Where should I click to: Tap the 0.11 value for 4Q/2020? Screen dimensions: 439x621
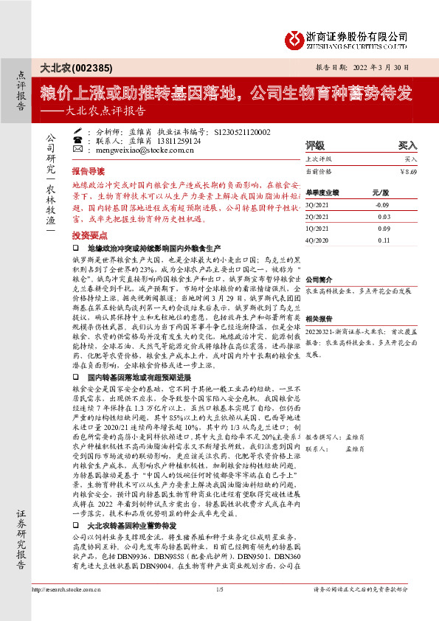[x=383, y=240]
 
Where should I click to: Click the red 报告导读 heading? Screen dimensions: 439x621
[x=89, y=169]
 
